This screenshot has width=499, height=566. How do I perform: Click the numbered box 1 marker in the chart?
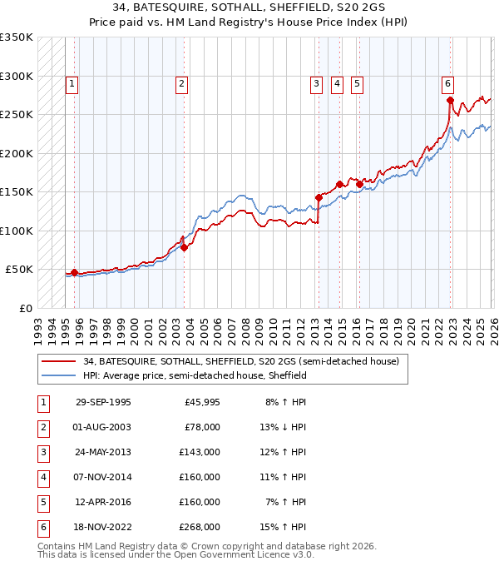(72, 82)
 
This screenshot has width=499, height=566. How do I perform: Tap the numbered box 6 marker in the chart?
(447, 82)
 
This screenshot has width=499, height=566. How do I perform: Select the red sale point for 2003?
(184, 247)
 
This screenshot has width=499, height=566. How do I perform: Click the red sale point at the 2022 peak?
(450, 101)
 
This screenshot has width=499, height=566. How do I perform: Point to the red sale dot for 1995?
(74, 272)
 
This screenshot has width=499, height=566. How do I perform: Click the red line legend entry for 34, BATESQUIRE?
(241, 362)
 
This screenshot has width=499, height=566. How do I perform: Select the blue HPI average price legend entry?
(195, 375)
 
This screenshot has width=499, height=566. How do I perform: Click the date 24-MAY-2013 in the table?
(103, 452)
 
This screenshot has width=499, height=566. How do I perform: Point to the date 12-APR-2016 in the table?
(103, 502)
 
